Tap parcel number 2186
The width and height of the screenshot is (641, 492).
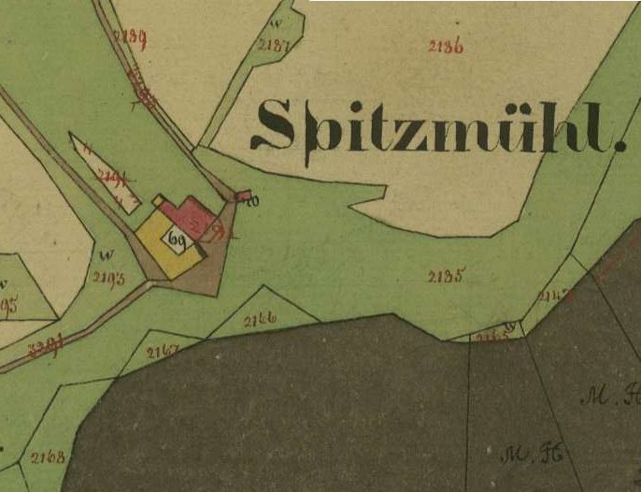(446, 46)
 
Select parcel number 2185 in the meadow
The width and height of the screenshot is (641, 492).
(446, 276)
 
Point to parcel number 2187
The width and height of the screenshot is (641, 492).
(272, 45)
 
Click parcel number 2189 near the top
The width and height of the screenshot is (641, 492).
(129, 37)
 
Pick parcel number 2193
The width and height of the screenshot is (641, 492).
(109, 277)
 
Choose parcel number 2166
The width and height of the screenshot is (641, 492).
(260, 320)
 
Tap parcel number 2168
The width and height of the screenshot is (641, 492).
(47, 457)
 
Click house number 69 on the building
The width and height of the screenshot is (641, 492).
(176, 239)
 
